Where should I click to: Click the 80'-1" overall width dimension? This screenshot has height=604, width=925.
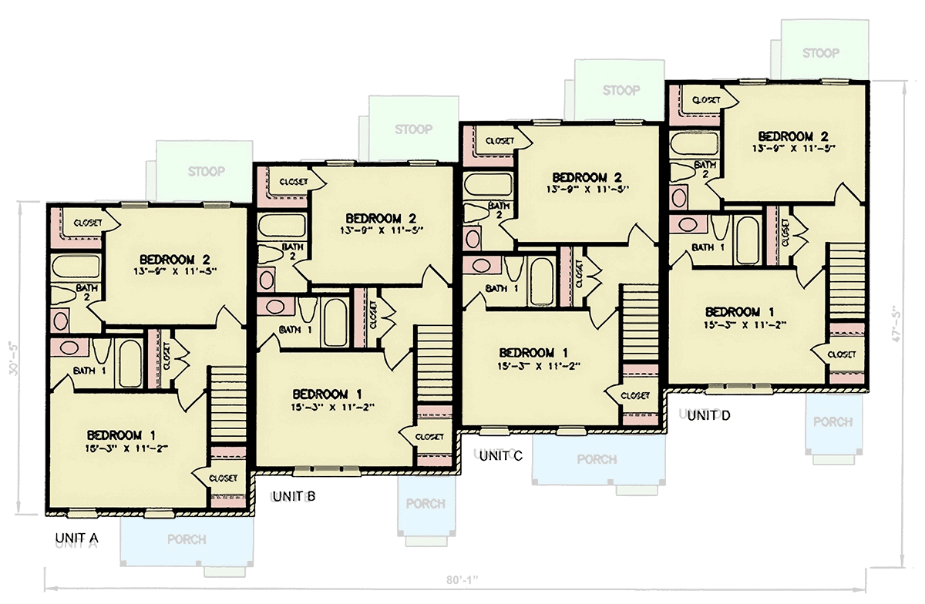point(461,579)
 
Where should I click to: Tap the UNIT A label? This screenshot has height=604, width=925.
point(76,537)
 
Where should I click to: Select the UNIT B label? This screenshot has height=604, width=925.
point(294,495)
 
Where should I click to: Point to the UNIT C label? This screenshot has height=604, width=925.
point(501,456)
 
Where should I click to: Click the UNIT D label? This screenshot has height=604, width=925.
point(708,416)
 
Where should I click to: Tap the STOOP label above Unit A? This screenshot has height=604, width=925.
point(206,171)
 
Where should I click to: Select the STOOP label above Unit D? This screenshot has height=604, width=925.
point(820,53)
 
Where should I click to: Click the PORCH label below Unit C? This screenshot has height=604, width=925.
point(597,459)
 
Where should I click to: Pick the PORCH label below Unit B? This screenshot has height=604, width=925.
point(425,504)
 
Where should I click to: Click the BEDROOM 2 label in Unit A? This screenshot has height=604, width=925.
point(175,259)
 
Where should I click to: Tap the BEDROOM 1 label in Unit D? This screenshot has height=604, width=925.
point(741,312)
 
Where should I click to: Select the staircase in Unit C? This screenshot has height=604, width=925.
point(639,323)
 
